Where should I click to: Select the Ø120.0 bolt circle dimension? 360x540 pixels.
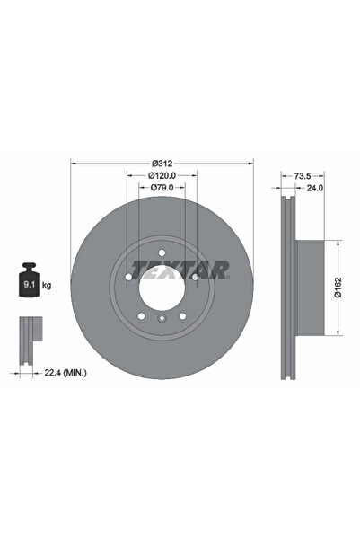point(162,176)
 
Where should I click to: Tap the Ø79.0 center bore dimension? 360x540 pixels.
point(162,188)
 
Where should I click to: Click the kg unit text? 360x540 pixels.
point(47,285)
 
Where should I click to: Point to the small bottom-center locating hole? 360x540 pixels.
point(162,320)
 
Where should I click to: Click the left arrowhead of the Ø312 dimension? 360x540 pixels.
point(73,164)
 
